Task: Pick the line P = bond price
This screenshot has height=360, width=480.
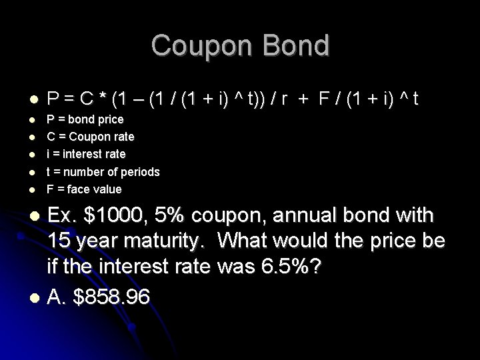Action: click(84, 119)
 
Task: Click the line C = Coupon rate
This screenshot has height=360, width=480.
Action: click(90, 137)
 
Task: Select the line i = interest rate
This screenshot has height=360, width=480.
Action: click(85, 154)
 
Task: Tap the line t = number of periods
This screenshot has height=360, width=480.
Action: click(103, 172)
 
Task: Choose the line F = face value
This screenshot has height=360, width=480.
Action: click(84, 189)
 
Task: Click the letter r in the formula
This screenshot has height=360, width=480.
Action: click(283, 100)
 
